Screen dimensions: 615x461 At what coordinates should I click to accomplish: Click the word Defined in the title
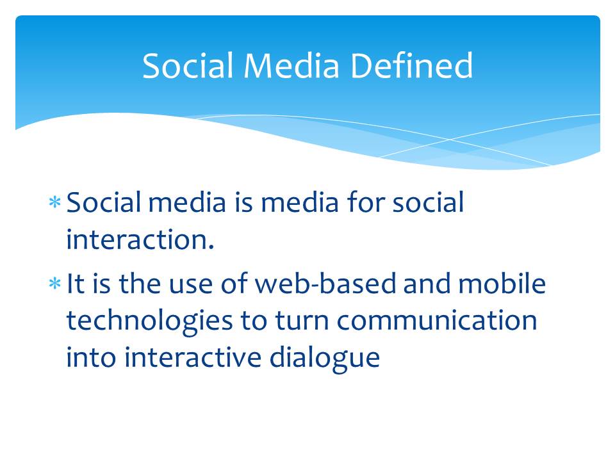(x=411, y=65)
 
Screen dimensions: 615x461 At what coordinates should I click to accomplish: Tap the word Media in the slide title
(x=291, y=65)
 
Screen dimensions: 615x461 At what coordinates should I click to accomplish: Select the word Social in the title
(x=188, y=65)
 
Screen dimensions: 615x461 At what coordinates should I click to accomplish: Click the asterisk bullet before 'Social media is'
(x=55, y=203)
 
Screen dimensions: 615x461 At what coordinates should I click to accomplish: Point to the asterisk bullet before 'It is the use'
(x=55, y=284)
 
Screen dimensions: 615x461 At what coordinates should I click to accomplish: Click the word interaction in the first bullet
(x=136, y=239)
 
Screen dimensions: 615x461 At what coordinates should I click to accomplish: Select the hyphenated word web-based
(x=325, y=283)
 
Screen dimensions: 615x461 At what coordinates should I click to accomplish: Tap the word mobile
(x=502, y=283)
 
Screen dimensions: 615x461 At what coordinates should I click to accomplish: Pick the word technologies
(x=149, y=321)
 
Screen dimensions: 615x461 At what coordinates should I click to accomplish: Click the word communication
(x=436, y=320)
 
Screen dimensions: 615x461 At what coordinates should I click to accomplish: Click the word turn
(x=302, y=321)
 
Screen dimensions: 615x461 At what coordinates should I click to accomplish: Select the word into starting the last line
(x=91, y=357)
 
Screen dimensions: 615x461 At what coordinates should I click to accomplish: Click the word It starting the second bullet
(x=76, y=284)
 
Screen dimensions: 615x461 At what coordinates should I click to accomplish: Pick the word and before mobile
(x=427, y=283)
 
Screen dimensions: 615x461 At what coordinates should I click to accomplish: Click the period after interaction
(x=211, y=248)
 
